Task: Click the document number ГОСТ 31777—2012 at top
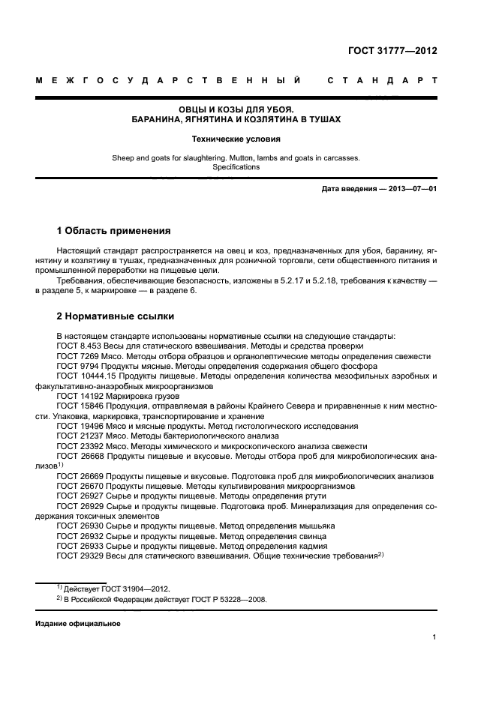pos(392,51)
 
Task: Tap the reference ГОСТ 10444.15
pos(85,376)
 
